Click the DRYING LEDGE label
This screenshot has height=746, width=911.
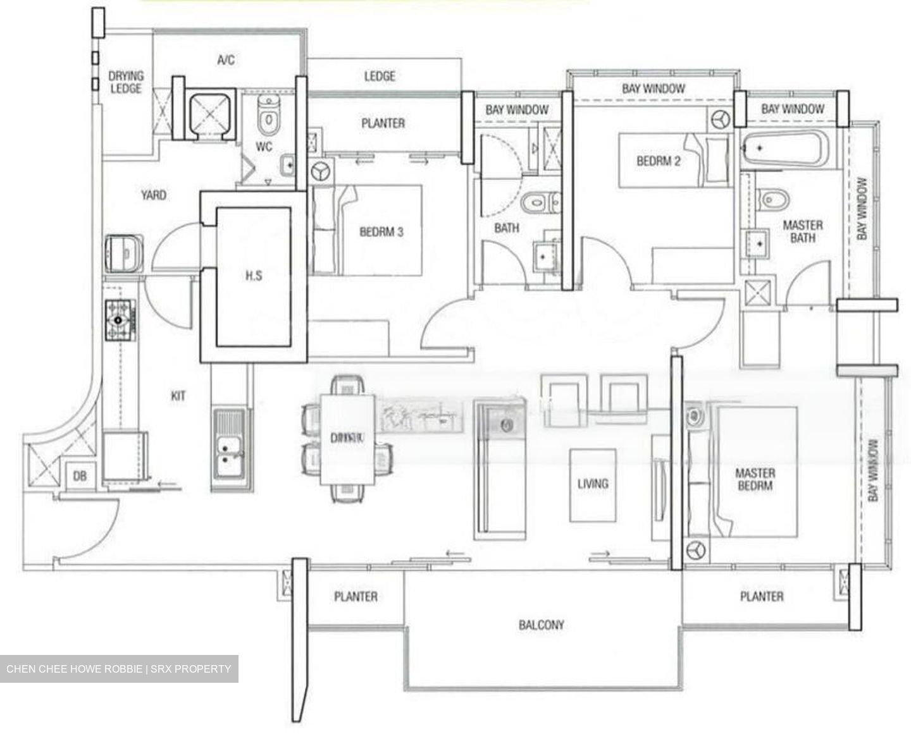point(126,82)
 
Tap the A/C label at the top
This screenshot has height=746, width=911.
point(226,60)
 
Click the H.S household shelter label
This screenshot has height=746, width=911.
point(254,275)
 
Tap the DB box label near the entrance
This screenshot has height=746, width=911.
point(80,476)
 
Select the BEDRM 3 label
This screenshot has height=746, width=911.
point(381,232)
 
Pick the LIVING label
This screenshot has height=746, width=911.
point(593,484)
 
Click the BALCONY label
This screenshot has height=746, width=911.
point(541,625)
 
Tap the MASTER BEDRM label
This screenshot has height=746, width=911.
point(755,479)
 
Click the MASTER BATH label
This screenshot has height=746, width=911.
point(803,231)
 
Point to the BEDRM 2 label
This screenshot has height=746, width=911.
point(659,161)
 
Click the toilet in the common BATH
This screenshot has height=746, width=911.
point(537,203)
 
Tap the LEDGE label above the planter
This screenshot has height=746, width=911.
point(380,76)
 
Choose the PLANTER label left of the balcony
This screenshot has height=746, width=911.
point(356,596)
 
